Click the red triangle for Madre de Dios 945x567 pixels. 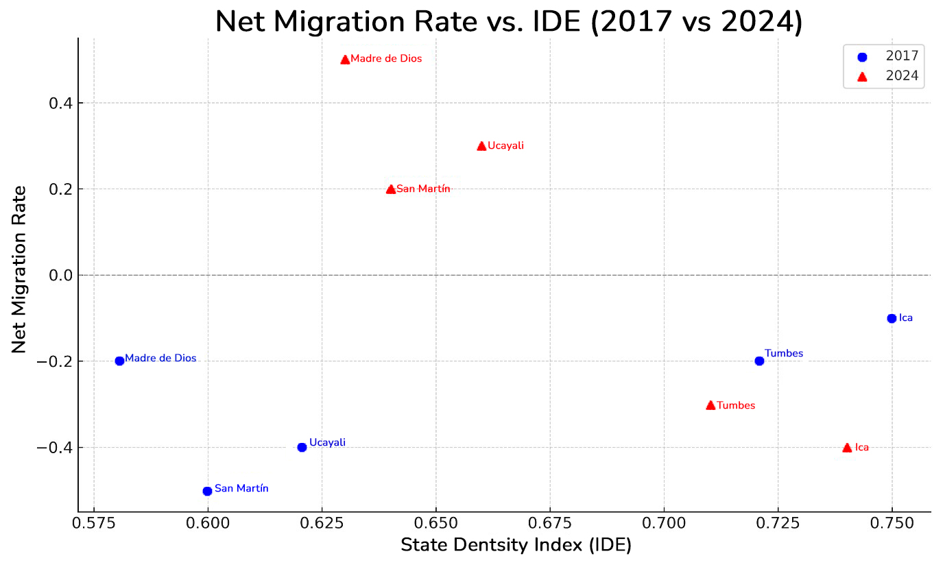pos(345,60)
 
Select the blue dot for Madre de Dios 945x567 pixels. pos(119,361)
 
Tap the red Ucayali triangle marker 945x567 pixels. pos(481,146)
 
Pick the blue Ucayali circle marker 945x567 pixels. pos(302,447)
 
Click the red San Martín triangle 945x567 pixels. pos(391,189)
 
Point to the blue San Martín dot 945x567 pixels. pos(207,491)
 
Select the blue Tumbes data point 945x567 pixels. pos(759,361)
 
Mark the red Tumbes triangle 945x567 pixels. pos(710,405)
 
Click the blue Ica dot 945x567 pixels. pos(892,318)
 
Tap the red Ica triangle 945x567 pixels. pos(847,448)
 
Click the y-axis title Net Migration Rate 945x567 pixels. pos(19,269)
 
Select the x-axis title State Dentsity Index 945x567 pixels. pos(516,546)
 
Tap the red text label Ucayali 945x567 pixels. pos(505,146)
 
